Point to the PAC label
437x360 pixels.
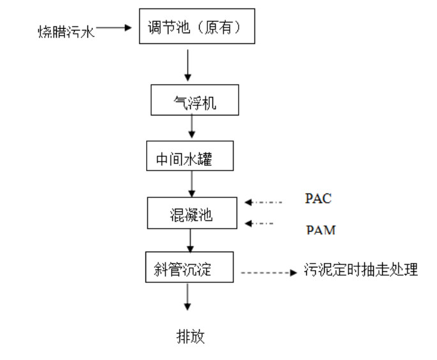pyautogui.click(x=318, y=199)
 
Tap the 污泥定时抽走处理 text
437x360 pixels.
pyautogui.click(x=362, y=270)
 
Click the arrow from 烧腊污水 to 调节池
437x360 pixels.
pyautogui.click(x=115, y=28)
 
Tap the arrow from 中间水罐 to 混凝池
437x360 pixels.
pyautogui.click(x=191, y=184)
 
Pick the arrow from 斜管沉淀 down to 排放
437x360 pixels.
pyautogui.click(x=188, y=297)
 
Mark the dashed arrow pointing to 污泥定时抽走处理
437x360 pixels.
pyautogui.click(x=269, y=274)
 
